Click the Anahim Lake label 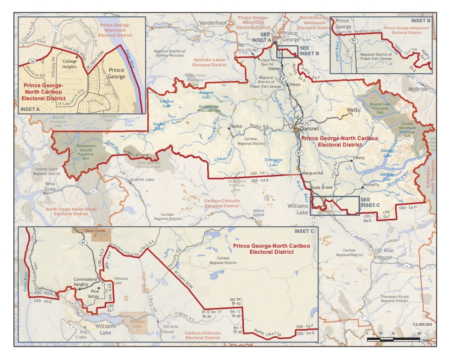142,179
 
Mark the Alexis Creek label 258,212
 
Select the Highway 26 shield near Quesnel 307,123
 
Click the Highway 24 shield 406,266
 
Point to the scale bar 393,340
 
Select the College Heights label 70,64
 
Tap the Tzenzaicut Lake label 273,162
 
